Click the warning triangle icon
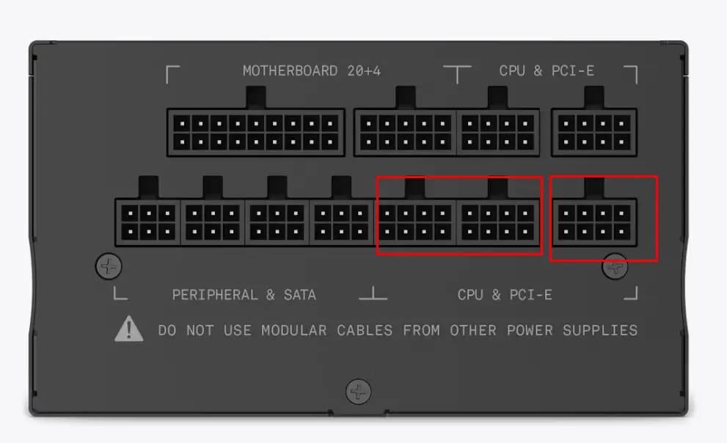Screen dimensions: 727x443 pyautogui.click(x=129, y=329)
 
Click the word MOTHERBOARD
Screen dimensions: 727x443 pyautogui.click(x=291, y=71)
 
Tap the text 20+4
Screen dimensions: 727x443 pyautogui.click(x=364, y=71)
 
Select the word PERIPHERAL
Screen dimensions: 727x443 pyautogui.click(x=215, y=295)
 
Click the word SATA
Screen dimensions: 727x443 pyautogui.click(x=300, y=295)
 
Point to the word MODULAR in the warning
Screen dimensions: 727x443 pyautogui.click(x=294, y=330)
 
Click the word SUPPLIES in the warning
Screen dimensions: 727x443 pyautogui.click(x=600, y=330)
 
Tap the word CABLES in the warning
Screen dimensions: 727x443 pyautogui.click(x=365, y=330)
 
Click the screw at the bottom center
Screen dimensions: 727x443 pyautogui.click(x=359, y=392)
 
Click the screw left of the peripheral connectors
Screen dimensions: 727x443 pyautogui.click(x=109, y=266)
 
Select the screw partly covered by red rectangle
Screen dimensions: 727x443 pyautogui.click(x=615, y=266)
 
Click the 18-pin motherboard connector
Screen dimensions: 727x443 pyautogui.click(x=256, y=133)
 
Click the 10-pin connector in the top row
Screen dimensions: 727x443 pyautogui.click(x=405, y=133)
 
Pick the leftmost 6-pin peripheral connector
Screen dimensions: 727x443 pyautogui.click(x=148, y=222)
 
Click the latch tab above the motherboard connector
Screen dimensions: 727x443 pyautogui.click(x=256, y=98)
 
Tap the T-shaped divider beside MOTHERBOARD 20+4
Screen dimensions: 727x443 pyautogui.click(x=457, y=73)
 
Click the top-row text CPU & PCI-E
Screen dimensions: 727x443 pyautogui.click(x=547, y=71)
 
